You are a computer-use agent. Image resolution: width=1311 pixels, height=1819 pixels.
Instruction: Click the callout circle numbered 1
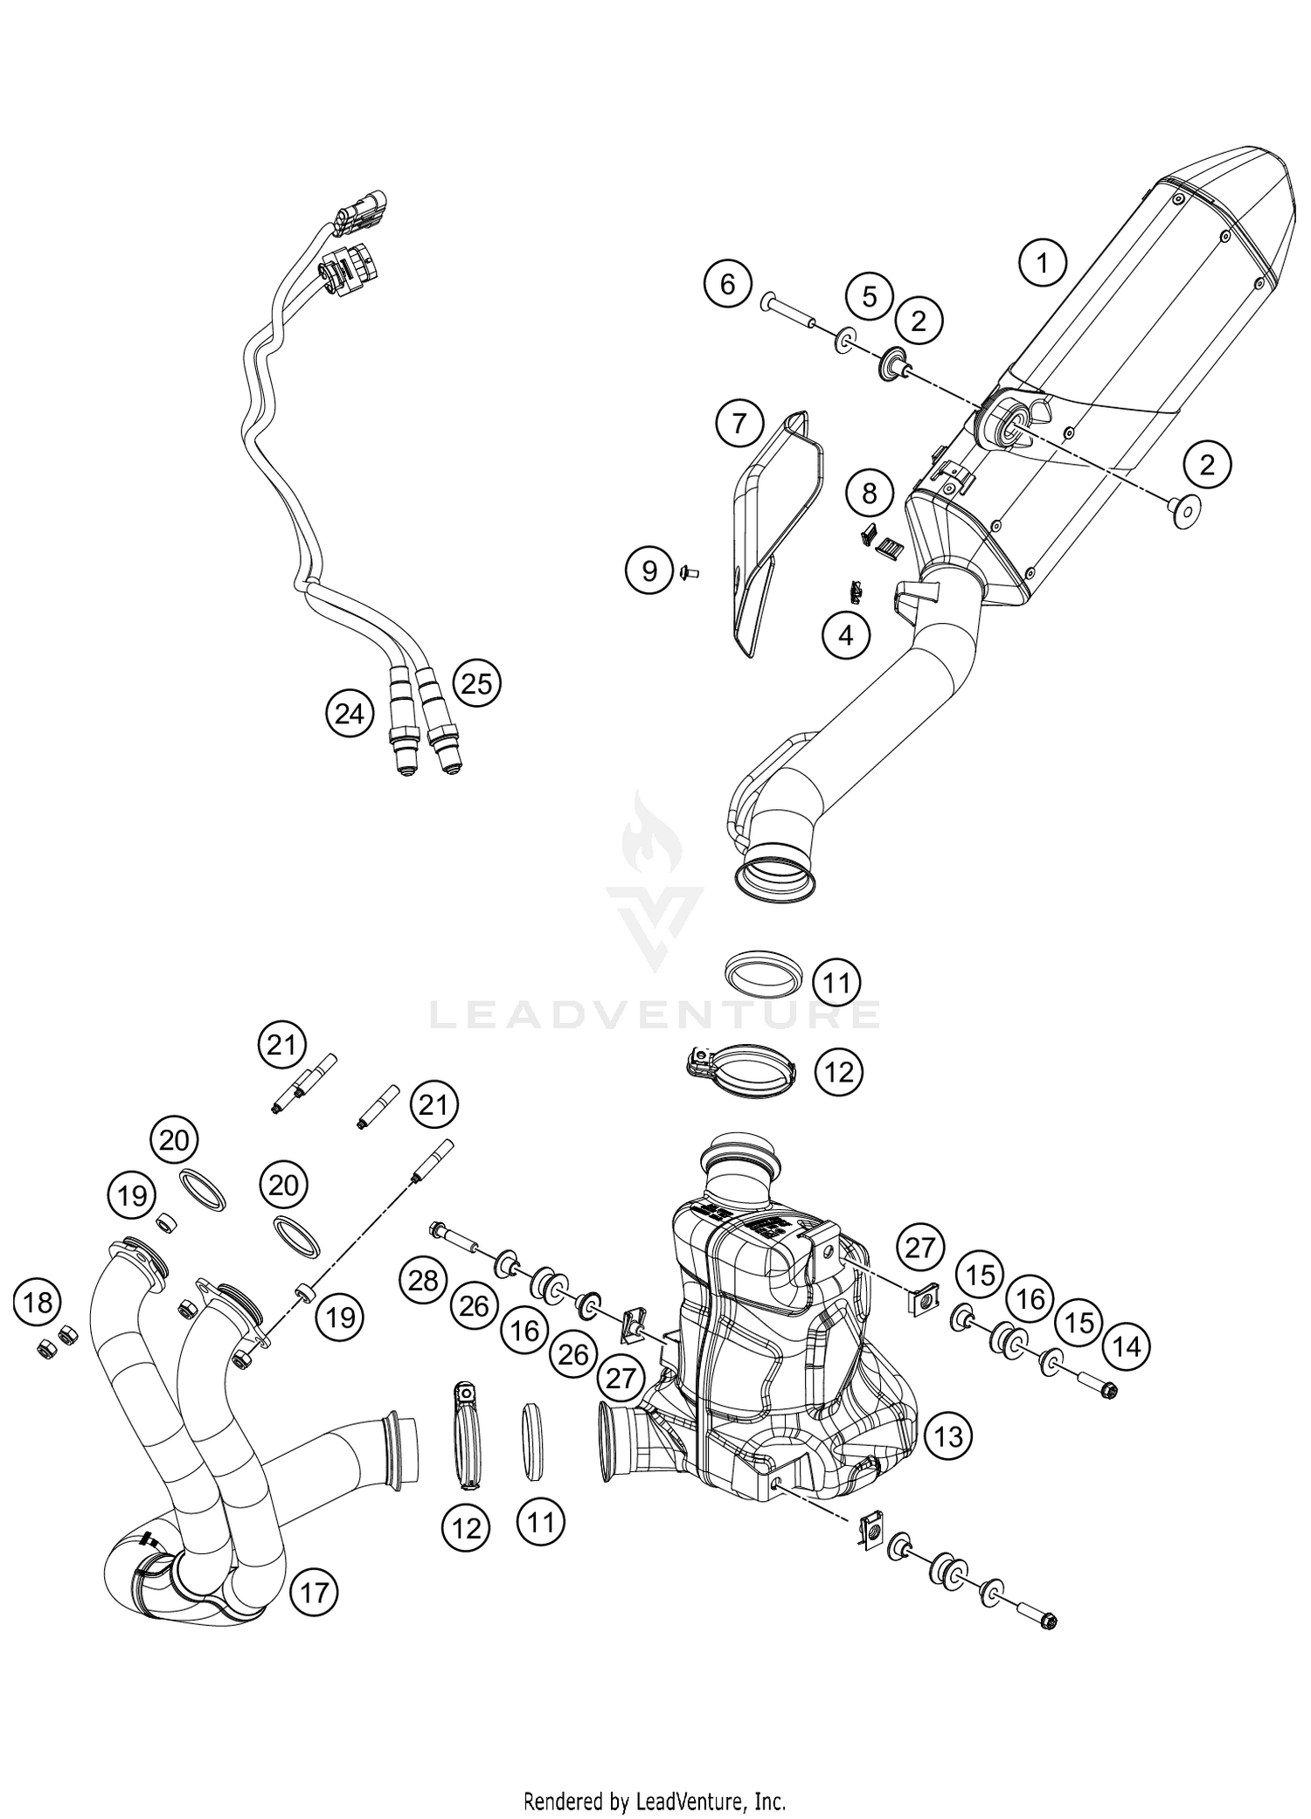pyautogui.click(x=1042, y=262)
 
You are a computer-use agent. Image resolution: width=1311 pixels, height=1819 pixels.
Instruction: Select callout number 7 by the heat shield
pyautogui.click(x=739, y=424)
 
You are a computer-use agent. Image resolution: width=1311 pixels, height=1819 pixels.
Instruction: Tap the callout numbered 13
pyautogui.click(x=948, y=1435)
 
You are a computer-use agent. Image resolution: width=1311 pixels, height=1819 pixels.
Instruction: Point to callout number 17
pyautogui.click(x=315, y=1593)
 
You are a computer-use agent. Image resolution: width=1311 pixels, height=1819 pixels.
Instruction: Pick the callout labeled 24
pyautogui.click(x=349, y=714)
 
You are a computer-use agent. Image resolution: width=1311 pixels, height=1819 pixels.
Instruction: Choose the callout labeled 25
pyautogui.click(x=476, y=683)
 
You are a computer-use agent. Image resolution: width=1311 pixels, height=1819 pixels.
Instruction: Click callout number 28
pyautogui.click(x=424, y=1281)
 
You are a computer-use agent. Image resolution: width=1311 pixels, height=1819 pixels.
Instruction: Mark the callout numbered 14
pyautogui.click(x=1127, y=1347)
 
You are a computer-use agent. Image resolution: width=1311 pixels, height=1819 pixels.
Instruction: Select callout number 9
pyautogui.click(x=649, y=571)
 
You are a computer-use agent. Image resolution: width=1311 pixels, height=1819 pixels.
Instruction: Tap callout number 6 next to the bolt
pyautogui.click(x=728, y=284)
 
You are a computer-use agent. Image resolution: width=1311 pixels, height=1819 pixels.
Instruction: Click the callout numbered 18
pyautogui.click(x=38, y=1303)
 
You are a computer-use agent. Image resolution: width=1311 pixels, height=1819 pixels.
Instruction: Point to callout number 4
pyautogui.click(x=845, y=635)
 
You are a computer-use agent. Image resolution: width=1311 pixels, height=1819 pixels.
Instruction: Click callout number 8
pyautogui.click(x=869, y=494)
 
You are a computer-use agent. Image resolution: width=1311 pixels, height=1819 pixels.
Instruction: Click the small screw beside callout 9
pyautogui.click(x=686, y=573)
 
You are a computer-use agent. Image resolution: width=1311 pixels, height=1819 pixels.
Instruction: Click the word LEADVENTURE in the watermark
pyautogui.click(x=655, y=1015)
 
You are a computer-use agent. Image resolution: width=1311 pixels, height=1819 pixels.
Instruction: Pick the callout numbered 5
pyautogui.click(x=869, y=296)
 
